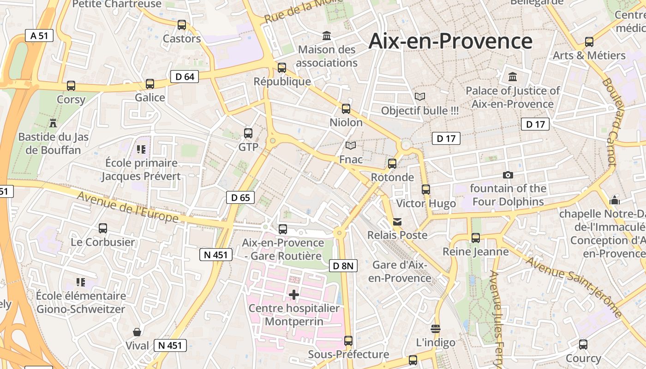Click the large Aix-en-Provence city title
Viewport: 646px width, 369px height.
tap(450, 41)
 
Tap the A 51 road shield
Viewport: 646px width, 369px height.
tap(39, 36)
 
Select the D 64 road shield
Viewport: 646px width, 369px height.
tap(185, 77)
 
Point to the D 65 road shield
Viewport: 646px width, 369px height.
tap(240, 197)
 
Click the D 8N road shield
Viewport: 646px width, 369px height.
tap(344, 265)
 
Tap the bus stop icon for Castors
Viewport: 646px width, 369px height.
tap(182, 25)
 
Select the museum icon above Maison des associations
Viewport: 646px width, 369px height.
tap(327, 36)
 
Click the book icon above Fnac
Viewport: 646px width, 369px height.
tap(351, 146)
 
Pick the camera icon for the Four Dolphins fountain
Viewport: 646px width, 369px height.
tap(508, 175)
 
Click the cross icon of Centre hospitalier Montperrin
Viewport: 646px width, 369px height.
tap(294, 294)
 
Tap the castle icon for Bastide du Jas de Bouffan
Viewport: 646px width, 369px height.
tap(53, 123)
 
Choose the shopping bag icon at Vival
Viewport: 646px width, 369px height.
tap(137, 332)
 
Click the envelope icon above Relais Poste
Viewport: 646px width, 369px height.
tap(397, 222)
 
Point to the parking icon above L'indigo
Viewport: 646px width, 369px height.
tap(435, 328)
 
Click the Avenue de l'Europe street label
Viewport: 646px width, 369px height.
tap(128, 206)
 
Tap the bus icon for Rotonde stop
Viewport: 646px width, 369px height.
tap(392, 163)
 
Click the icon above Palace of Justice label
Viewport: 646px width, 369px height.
tap(513, 77)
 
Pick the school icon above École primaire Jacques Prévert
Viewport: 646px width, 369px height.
tap(141, 149)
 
